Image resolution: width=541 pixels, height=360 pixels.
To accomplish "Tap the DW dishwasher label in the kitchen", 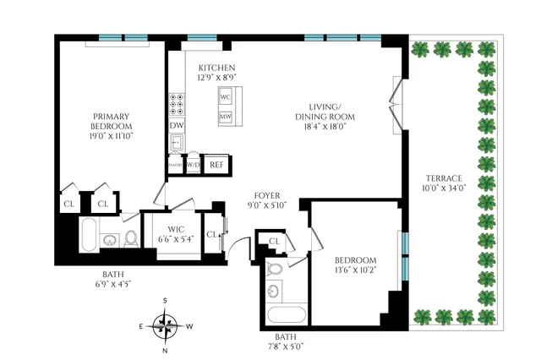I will (x=177, y=126).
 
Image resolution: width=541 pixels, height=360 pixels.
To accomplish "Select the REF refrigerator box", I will (x=216, y=164).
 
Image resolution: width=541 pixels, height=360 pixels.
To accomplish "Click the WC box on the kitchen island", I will (x=226, y=97).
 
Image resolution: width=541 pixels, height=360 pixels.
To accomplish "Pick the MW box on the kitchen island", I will (x=226, y=117).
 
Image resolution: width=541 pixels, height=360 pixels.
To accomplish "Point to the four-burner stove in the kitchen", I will (x=177, y=104).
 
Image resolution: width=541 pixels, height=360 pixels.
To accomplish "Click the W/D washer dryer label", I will (x=193, y=164).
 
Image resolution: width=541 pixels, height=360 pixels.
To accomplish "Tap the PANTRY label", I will (x=175, y=164).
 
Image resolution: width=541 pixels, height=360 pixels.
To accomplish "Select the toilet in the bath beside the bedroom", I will (x=273, y=270).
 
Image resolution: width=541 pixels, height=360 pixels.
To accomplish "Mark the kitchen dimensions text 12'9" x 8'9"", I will (x=216, y=78).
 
